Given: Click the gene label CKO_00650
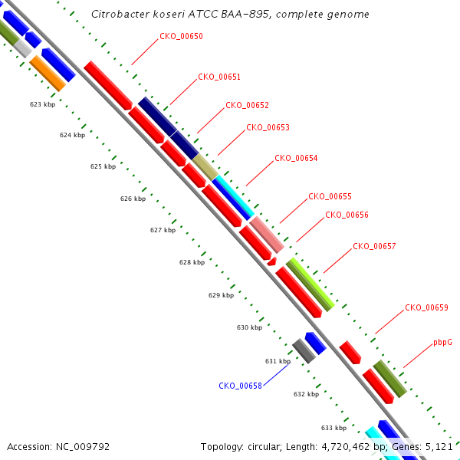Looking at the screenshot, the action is click(x=181, y=36).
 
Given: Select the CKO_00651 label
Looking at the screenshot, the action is click(x=219, y=77).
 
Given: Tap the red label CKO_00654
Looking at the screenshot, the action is click(x=296, y=158).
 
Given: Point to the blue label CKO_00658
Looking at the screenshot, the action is click(x=240, y=386).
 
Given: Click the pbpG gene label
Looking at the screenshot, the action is click(x=442, y=343).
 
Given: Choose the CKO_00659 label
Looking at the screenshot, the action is click(x=426, y=307).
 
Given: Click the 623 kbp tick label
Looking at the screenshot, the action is click(x=42, y=104).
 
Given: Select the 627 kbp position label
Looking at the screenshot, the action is click(x=163, y=230).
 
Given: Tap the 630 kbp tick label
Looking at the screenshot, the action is click(x=249, y=327).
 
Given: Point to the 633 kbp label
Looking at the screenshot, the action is click(x=333, y=428).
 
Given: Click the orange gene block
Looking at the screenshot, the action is click(x=48, y=74).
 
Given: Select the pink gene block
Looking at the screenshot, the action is click(x=267, y=235).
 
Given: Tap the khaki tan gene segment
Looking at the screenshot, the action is click(x=205, y=167).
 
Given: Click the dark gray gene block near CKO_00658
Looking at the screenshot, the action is click(x=304, y=351).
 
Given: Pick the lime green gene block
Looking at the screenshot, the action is click(x=310, y=284).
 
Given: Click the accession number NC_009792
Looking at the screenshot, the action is click(x=83, y=447).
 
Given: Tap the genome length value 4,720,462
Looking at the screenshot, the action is click(x=346, y=447).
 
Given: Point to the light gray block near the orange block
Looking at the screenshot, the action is click(x=22, y=48).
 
